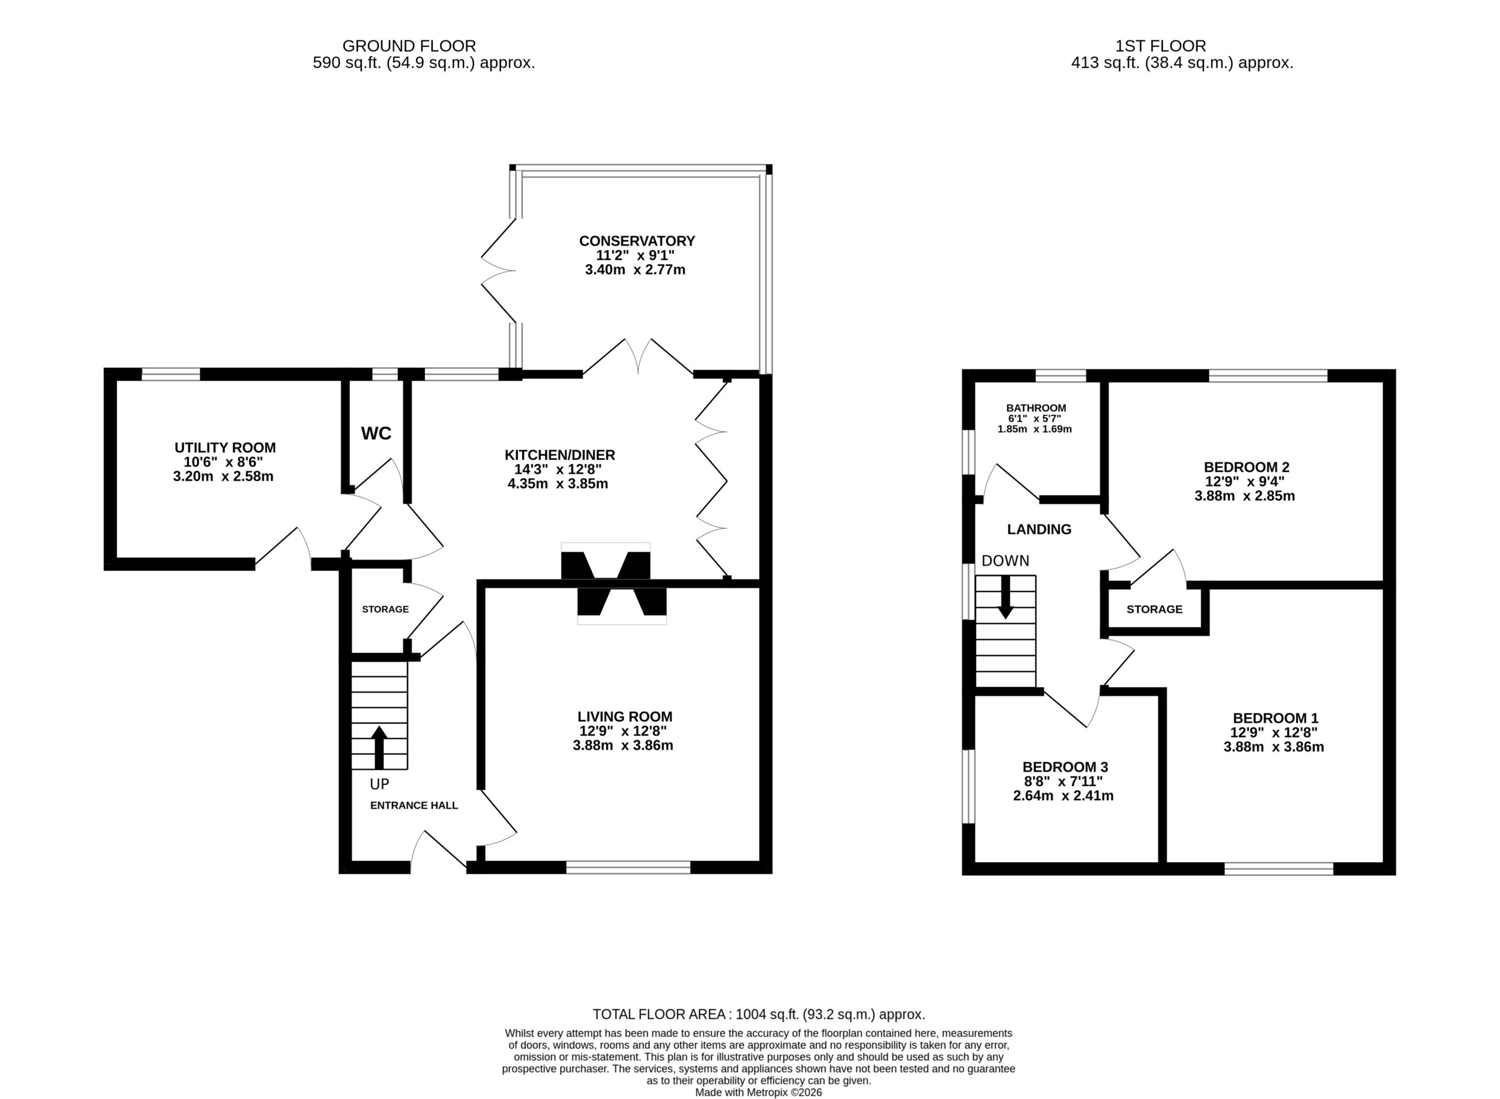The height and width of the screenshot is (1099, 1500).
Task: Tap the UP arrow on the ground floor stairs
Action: point(379,747)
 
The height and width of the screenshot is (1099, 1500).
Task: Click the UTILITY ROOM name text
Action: point(225,448)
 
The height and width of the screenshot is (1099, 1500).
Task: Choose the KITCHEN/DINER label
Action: point(560,455)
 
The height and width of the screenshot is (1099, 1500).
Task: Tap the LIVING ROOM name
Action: point(625,716)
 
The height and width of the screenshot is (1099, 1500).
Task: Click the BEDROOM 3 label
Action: point(1065,767)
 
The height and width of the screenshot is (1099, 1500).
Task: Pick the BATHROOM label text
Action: point(1036,408)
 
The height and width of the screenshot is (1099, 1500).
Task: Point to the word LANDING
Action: point(1039,530)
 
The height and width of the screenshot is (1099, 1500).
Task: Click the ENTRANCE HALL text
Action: point(414,806)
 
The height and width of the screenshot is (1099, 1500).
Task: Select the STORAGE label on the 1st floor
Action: point(1154,609)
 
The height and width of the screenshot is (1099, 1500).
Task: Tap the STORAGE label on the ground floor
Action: point(385,609)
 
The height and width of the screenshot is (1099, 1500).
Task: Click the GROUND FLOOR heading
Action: point(409,46)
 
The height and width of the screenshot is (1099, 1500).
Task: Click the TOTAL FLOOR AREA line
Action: point(759,1015)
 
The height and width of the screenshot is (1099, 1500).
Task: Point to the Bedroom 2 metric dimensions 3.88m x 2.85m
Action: point(1245,496)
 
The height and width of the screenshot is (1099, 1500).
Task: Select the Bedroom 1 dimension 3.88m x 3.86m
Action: point(1273,747)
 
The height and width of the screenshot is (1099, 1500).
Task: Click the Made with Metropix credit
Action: point(758,1093)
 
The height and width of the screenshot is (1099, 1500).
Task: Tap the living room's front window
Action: point(628,868)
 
